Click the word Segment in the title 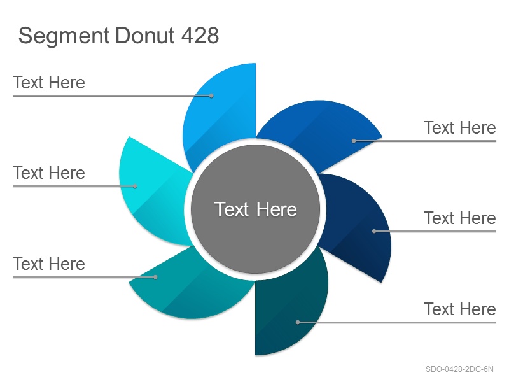pyautogui.click(x=64, y=36)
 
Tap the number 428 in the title pyautogui.click(x=200, y=35)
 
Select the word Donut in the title pyautogui.click(x=145, y=35)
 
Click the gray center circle pyautogui.click(x=256, y=209)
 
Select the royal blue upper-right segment pyautogui.click(x=321, y=130)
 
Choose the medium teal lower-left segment pyautogui.click(x=192, y=286)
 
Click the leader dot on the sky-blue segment pyautogui.click(x=211, y=96)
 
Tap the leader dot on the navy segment pyautogui.click(x=374, y=231)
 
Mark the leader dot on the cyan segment pyautogui.click(x=135, y=187)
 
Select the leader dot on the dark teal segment pyautogui.click(x=298, y=322)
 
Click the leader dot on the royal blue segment pyautogui.click(x=354, y=141)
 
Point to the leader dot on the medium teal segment pyautogui.click(x=155, y=277)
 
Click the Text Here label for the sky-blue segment pyautogui.click(x=49, y=83)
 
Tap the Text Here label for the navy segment pyautogui.click(x=460, y=218)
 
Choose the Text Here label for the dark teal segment pyautogui.click(x=460, y=309)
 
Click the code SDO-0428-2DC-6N pyautogui.click(x=459, y=369)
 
